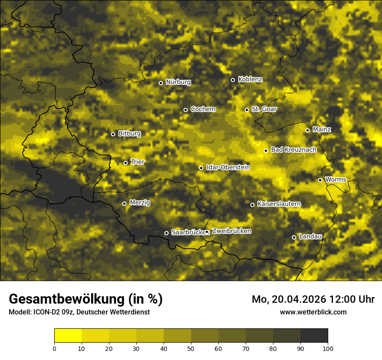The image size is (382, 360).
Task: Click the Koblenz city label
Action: pyautogui.click(x=250, y=79)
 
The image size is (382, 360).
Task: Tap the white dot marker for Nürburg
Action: pyautogui.click(x=161, y=83)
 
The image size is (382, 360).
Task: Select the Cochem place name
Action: pyautogui.click(x=203, y=109)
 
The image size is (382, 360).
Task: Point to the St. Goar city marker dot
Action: pyautogui.click(x=247, y=110)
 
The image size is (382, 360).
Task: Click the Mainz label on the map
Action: pyautogui.click(x=322, y=129)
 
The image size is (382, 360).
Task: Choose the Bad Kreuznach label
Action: pyautogui.click(x=293, y=150)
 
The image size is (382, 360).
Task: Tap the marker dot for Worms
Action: pyautogui.click(x=320, y=180)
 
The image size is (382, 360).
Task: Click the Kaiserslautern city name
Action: pyautogui.click(x=279, y=204)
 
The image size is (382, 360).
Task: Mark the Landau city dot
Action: pyautogui.click(x=294, y=237)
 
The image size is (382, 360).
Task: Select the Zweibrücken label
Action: pyautogui.click(x=231, y=231)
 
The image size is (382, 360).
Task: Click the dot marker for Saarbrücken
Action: pyautogui.click(x=166, y=233)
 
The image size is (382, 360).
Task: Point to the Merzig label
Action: pyautogui.click(x=140, y=203)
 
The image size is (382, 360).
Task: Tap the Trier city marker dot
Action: pyautogui.click(x=125, y=163)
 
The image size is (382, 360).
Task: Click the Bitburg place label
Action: pyautogui.click(x=129, y=134)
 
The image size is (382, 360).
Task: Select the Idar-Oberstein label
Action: pyautogui.click(x=228, y=167)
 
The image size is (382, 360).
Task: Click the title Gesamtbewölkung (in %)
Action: pyautogui.click(x=86, y=299)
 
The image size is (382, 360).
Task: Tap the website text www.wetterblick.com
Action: pyautogui.click(x=313, y=312)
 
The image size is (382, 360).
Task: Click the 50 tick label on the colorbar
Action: pyautogui.click(x=191, y=348)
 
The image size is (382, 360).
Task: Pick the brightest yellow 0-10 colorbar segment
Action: pyautogui.click(x=68, y=336)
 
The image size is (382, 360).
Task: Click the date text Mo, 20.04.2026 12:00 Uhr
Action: pyautogui.click(x=313, y=299)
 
